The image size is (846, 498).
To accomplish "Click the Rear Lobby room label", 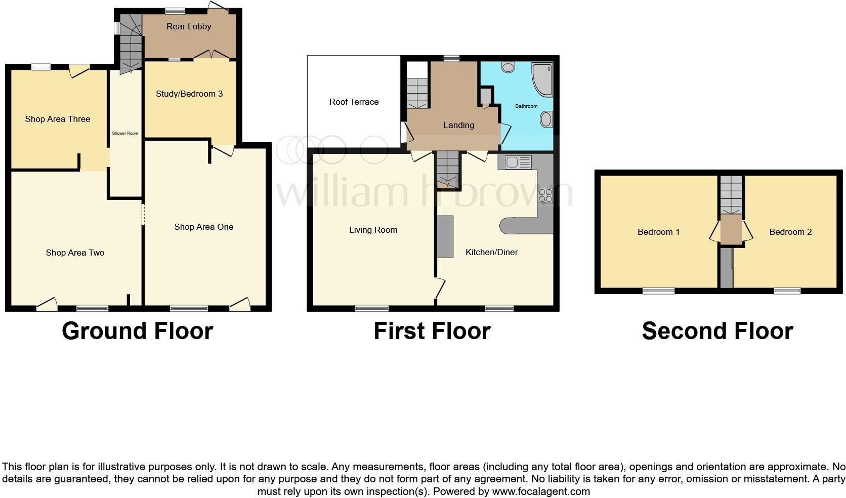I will click(x=189, y=27).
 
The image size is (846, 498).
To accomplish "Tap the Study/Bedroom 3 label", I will click(x=189, y=94).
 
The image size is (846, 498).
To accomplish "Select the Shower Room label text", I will click(x=125, y=134).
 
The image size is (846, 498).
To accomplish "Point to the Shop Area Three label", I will click(x=58, y=119).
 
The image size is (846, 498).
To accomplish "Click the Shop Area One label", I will click(x=204, y=227).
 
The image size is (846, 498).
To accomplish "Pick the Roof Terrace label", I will click(x=354, y=102).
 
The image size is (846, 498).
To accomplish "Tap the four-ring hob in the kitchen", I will click(x=545, y=195).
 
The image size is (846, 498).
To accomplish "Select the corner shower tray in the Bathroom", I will click(x=542, y=79).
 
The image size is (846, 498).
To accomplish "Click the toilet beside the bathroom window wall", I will click(x=508, y=67).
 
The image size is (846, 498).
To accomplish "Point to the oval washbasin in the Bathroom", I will click(x=546, y=120).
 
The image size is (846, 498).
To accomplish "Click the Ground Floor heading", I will click(x=137, y=331).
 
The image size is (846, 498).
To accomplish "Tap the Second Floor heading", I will click(x=717, y=331).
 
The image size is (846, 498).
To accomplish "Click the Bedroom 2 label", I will click(x=790, y=232).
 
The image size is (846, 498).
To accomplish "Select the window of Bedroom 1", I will click(x=658, y=291).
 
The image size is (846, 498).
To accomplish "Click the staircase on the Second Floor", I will click(x=731, y=195).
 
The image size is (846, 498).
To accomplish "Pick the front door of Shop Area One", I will click(x=240, y=304).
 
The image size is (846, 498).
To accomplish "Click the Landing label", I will click(x=459, y=125).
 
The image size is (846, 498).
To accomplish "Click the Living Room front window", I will click(x=372, y=308).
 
